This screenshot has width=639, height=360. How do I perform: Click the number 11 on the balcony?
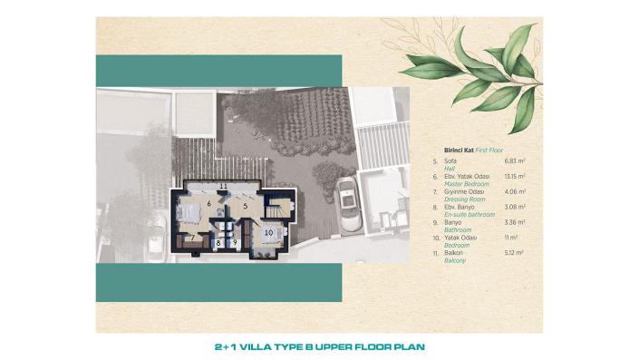pyautogui.click(x=223, y=185)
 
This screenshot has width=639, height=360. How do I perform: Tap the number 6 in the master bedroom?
pyautogui.click(x=208, y=204)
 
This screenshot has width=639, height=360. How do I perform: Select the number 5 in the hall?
pyautogui.click(x=245, y=206)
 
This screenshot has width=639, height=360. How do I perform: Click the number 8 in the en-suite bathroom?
pyautogui.click(x=218, y=243)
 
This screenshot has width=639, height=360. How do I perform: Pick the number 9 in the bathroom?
pyautogui.click(x=233, y=243)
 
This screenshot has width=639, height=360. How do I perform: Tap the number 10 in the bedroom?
pyautogui.click(x=268, y=232)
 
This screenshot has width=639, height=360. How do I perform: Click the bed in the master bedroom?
pyautogui.click(x=191, y=214)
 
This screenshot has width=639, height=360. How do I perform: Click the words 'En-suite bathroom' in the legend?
pyautogui.click(x=470, y=214)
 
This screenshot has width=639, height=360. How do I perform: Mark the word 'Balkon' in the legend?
pyautogui.click(x=453, y=253)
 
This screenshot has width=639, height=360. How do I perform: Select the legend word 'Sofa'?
pyautogui.click(x=450, y=160)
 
